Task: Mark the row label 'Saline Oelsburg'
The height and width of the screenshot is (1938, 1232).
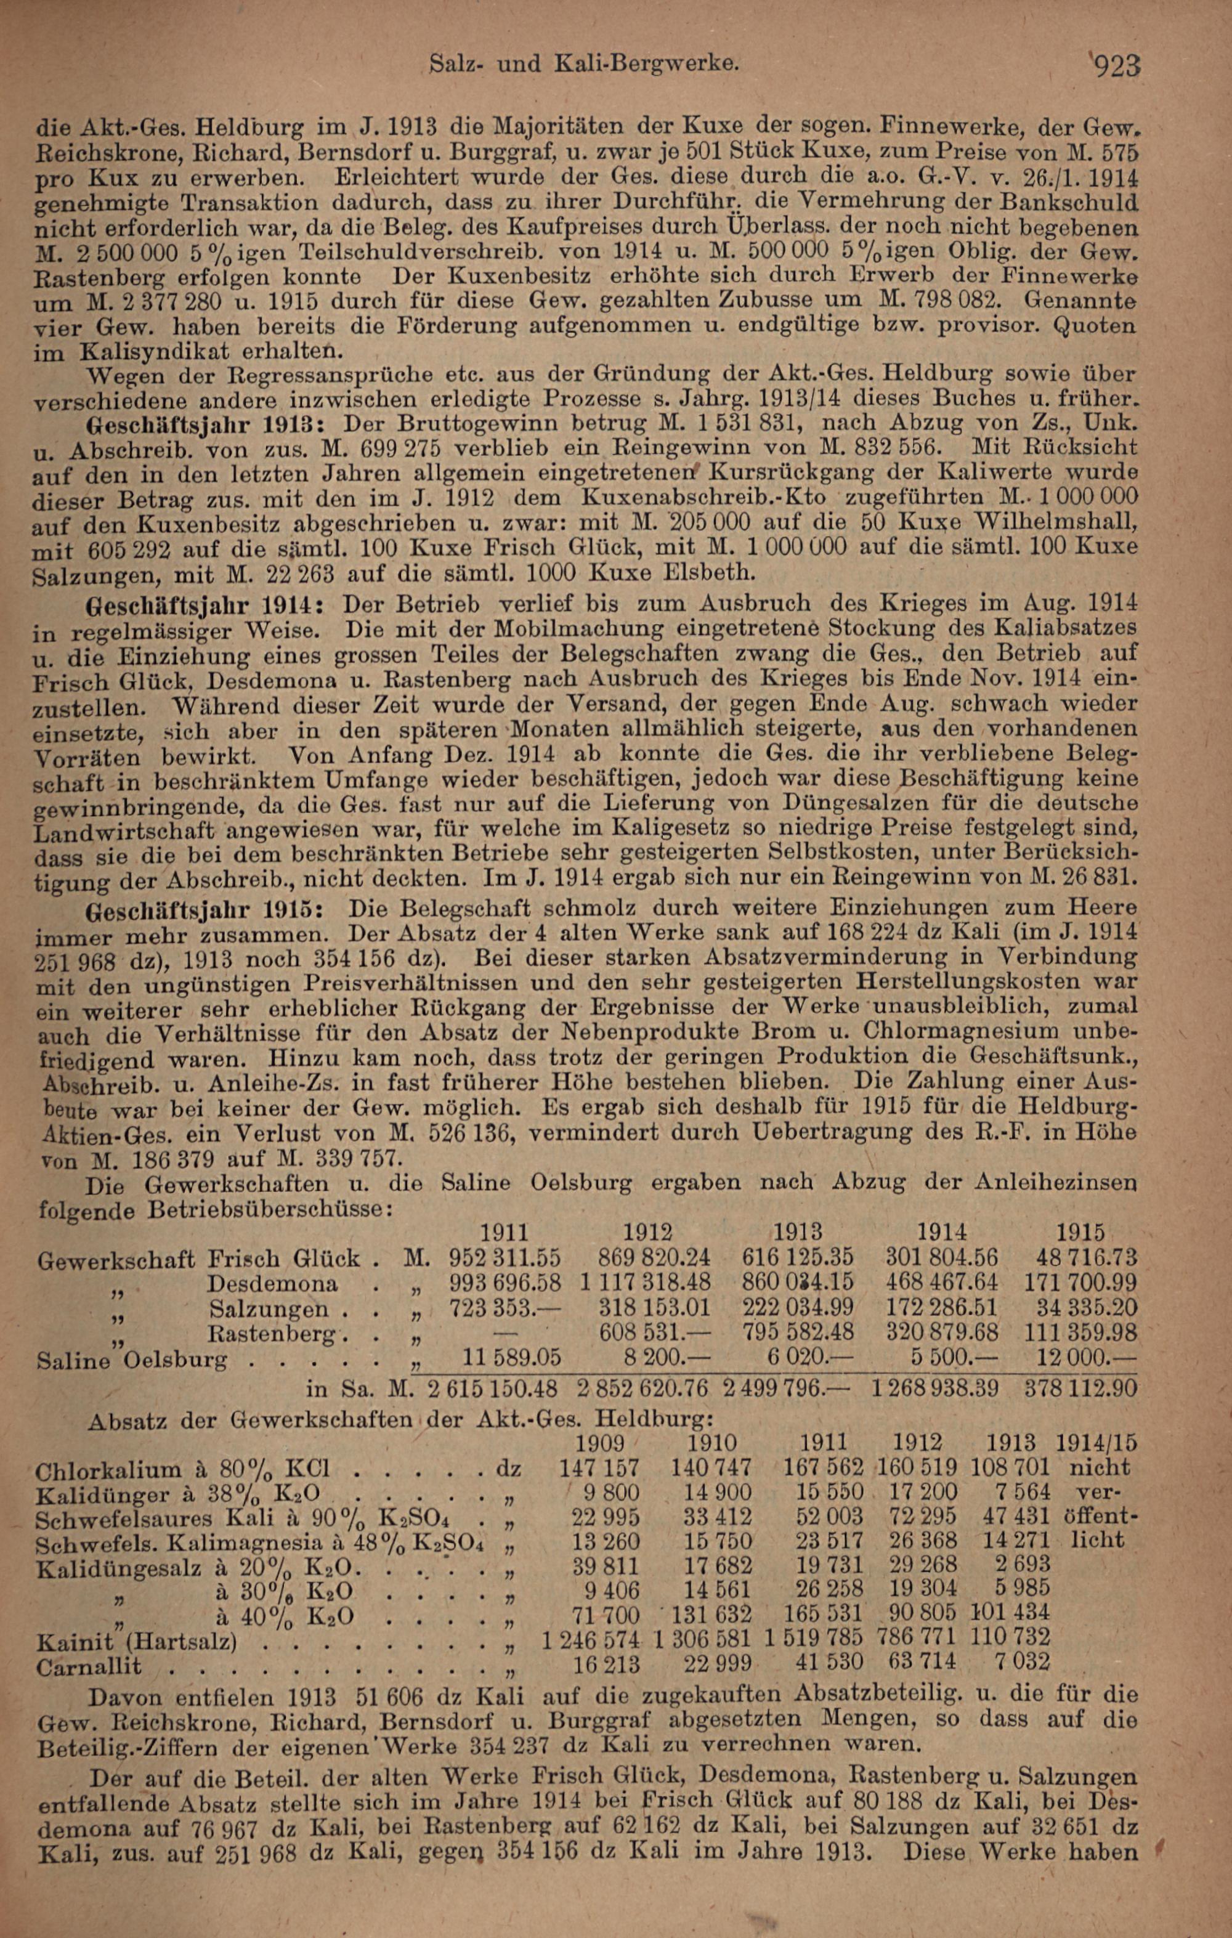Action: click(133, 1361)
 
